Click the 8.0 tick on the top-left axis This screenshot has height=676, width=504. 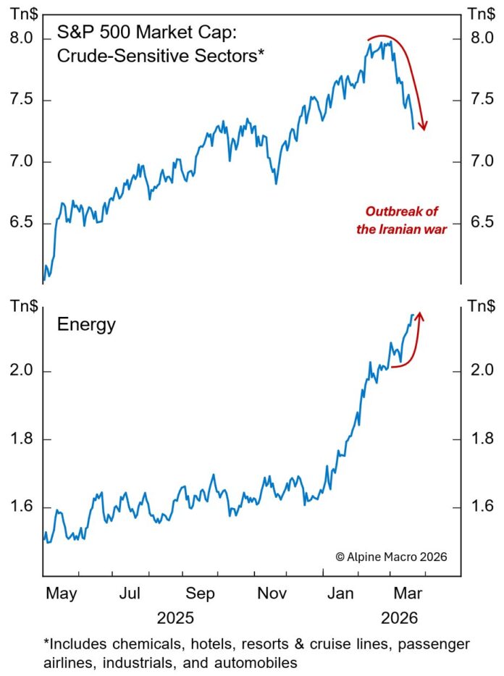22,38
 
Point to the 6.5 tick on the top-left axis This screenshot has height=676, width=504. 22,222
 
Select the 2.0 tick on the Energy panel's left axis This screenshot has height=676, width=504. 22,371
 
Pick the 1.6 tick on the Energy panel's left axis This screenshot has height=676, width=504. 22,507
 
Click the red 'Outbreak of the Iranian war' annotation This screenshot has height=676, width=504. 402,221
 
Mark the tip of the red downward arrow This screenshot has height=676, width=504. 424,130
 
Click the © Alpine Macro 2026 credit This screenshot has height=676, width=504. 391,557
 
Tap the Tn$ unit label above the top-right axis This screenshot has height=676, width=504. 478,14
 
